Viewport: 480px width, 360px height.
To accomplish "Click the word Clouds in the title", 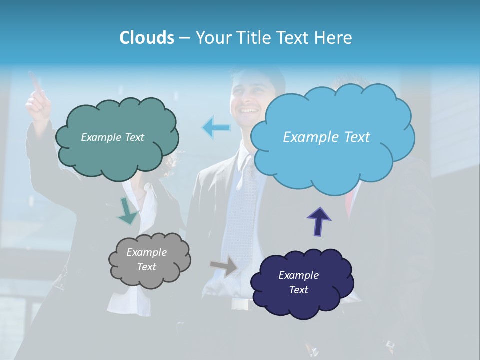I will click(x=146, y=38).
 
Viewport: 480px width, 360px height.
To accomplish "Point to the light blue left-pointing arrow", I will click(x=216, y=128).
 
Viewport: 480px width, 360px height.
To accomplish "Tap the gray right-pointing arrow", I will click(x=224, y=266).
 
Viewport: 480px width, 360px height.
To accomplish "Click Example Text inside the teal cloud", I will click(x=112, y=137).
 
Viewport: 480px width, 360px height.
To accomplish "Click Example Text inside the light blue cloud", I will click(x=326, y=137).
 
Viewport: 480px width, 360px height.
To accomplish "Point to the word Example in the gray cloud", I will click(x=146, y=252).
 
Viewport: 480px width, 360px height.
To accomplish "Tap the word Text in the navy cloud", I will click(x=298, y=290).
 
